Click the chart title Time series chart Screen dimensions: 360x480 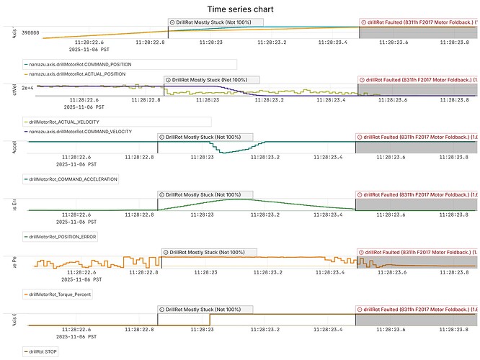[240, 9]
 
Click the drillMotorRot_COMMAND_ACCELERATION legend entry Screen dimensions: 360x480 [72, 179]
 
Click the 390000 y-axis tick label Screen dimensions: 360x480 [30, 33]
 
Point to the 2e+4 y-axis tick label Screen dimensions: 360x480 [30, 88]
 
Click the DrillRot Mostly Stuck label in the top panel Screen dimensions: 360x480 [216, 22]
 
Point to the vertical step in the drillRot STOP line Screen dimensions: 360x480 [210, 320]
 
